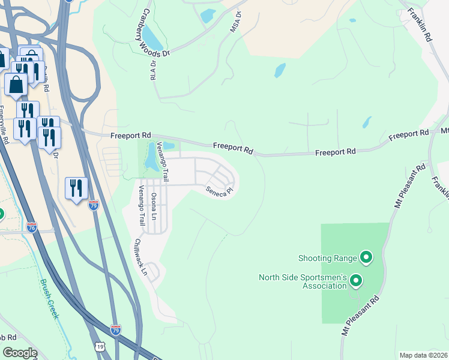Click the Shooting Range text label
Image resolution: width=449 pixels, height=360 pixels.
tap(328, 259)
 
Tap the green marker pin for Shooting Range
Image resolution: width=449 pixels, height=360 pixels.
tap(366, 259)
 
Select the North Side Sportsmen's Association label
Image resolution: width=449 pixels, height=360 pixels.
tap(303, 281)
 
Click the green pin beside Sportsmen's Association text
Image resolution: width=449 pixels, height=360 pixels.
tap(356, 280)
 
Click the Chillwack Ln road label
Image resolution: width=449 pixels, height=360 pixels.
tap(140, 257)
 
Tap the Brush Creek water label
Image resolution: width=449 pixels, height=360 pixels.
tap(49, 299)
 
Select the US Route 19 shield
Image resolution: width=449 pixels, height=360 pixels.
tap(98, 347)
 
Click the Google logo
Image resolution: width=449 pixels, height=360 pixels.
tap(19, 353)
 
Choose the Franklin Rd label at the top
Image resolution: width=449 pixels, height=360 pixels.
tap(420, 24)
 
